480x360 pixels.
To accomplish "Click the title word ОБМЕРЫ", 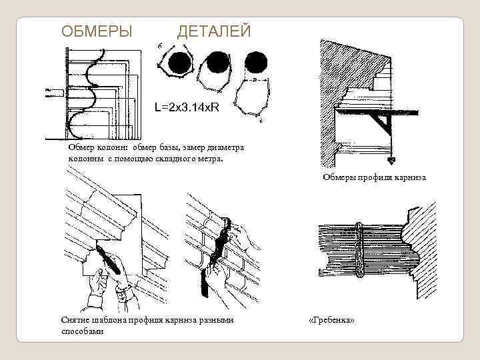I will [97, 31].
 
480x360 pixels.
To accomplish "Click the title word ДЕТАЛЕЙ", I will [214, 31].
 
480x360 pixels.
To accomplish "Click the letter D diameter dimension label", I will [254, 79].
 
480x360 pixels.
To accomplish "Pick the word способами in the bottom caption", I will [82, 331].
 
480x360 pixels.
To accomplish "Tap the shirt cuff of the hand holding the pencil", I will [123, 293].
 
